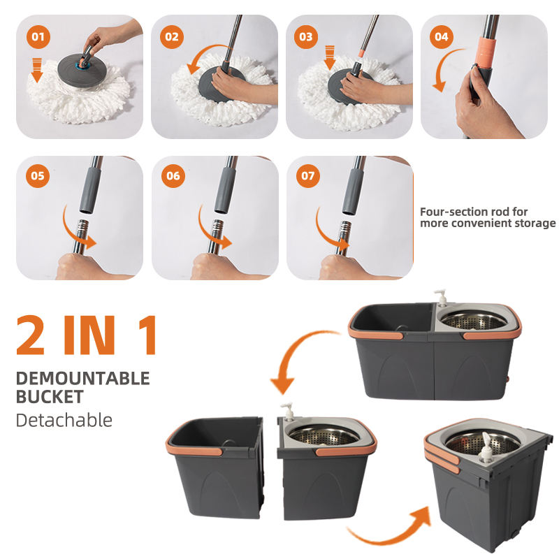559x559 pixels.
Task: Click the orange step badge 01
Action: [x=38, y=37]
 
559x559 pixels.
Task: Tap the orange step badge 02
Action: [x=172, y=37]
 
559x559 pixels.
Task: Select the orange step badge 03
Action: [x=306, y=37]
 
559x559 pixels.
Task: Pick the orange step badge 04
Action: [x=442, y=37]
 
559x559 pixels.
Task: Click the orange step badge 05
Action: [x=38, y=176]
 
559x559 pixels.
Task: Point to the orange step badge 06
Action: [x=173, y=176]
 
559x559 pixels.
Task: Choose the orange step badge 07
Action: [x=308, y=176]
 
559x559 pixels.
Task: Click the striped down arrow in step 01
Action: [x=37, y=71]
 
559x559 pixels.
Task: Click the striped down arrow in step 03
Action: [x=330, y=57]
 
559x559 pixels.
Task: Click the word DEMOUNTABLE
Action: [x=82, y=378]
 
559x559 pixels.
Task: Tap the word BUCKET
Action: [x=50, y=397]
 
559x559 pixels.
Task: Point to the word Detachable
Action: [x=64, y=420]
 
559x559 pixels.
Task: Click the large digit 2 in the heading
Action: [x=31, y=335]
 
